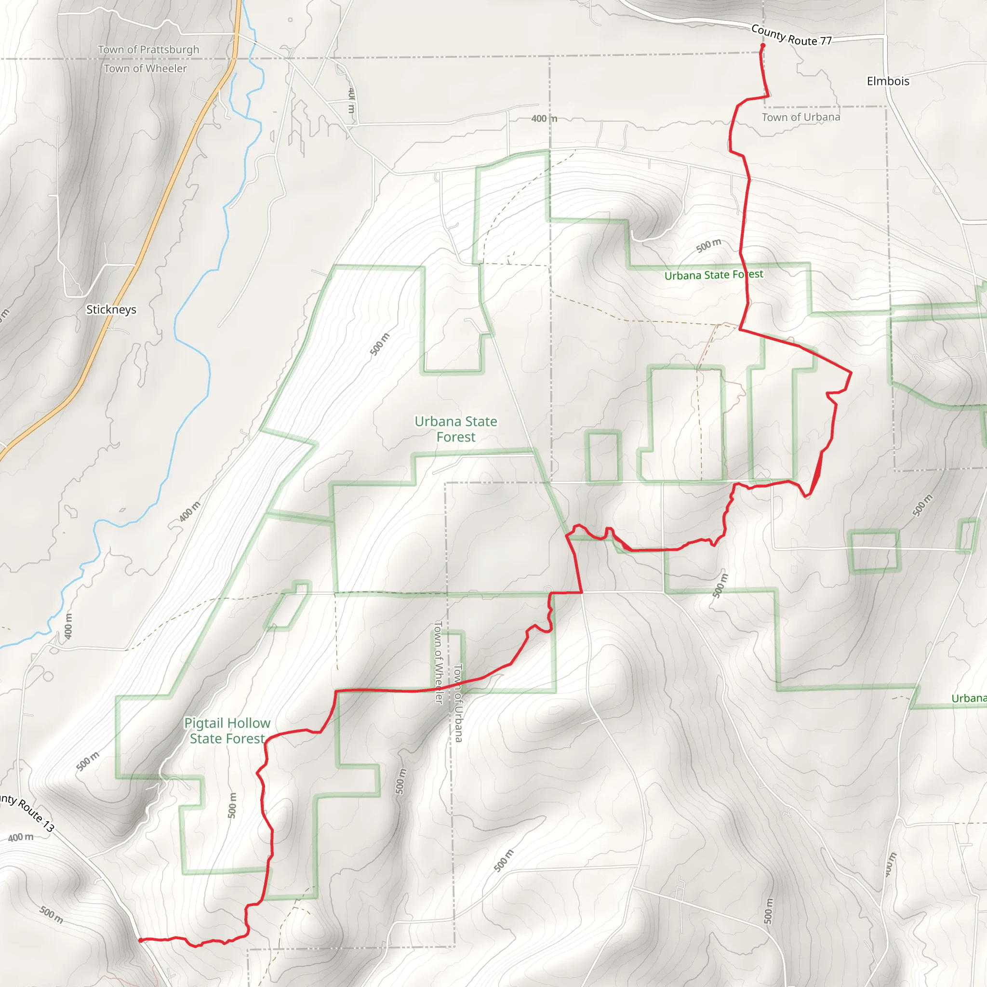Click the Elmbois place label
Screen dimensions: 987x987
(888, 81)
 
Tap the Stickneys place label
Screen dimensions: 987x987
(111, 309)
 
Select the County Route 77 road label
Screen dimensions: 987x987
(791, 36)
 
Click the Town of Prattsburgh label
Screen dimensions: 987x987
(148, 50)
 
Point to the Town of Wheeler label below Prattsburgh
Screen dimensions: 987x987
(146, 68)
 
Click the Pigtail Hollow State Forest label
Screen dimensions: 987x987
(227, 731)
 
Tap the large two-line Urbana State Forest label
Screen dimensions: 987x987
(456, 429)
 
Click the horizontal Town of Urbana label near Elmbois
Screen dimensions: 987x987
(801, 117)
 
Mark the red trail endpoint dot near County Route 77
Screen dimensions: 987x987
(763, 45)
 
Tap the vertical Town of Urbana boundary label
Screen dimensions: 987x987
(458, 703)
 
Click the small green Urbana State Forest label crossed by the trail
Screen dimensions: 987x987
(714, 275)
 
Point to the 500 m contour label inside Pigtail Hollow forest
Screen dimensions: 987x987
(232, 805)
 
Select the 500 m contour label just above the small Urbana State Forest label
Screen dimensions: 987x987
(709, 245)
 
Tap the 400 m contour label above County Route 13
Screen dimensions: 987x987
(21, 837)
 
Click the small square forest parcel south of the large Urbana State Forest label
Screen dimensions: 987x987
(603, 457)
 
